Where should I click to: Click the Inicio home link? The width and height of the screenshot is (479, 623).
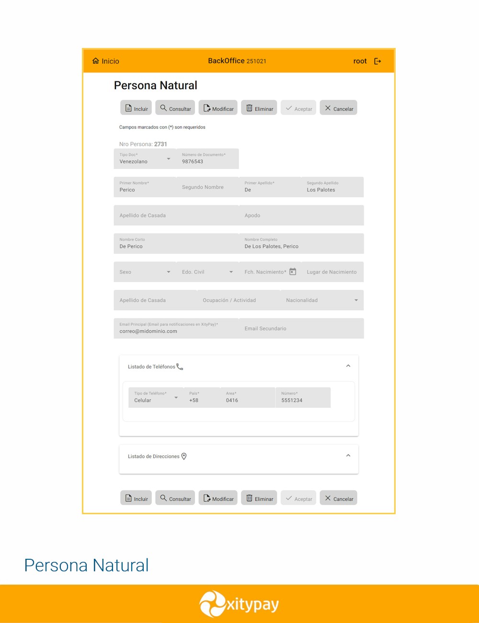tap(105, 61)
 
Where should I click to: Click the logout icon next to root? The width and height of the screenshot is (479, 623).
tap(377, 61)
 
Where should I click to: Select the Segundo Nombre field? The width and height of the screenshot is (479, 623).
tap(207, 187)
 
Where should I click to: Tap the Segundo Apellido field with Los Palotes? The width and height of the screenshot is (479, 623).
tap(332, 187)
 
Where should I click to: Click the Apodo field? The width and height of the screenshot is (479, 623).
tap(301, 215)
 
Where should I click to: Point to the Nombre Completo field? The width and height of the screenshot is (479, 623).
tap(301, 243)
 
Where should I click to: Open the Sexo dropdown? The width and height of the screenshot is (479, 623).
tap(145, 272)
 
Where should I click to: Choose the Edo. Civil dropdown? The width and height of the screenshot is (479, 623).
tap(207, 272)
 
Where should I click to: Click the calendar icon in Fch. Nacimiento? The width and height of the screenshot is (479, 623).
tap(293, 272)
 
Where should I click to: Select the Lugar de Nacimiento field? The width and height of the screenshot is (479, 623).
tap(332, 272)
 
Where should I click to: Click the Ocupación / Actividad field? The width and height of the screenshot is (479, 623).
tap(238, 300)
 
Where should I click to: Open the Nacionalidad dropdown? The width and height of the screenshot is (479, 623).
tap(321, 300)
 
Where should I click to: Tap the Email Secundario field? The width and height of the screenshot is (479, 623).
tap(301, 328)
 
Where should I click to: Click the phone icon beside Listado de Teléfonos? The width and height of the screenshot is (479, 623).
tap(180, 367)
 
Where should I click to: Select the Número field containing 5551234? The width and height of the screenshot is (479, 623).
tap(303, 397)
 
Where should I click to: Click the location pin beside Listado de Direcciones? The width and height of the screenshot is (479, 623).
tap(184, 456)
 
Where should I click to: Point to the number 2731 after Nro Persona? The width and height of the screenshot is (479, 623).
tap(160, 144)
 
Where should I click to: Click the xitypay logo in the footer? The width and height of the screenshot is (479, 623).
tap(239, 604)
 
